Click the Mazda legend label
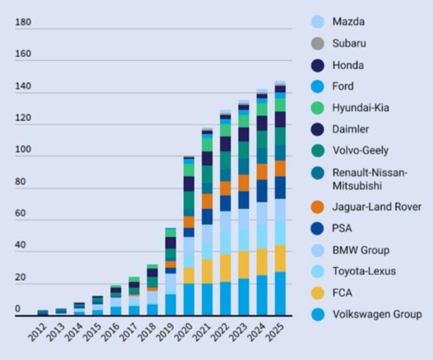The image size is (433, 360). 348,22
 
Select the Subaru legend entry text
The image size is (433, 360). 349,43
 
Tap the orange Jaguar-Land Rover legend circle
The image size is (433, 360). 317,206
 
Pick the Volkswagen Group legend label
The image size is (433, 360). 377,314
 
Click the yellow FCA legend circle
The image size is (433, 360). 317,293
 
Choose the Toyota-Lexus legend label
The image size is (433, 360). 364,271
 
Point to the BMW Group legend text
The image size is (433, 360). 361,250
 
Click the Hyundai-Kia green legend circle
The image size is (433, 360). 317,108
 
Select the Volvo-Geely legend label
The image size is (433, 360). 360,150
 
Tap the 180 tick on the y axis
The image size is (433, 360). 23,22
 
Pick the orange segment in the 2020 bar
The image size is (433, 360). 189,222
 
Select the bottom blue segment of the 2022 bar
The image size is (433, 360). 225,298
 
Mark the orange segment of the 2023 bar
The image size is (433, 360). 244,183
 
